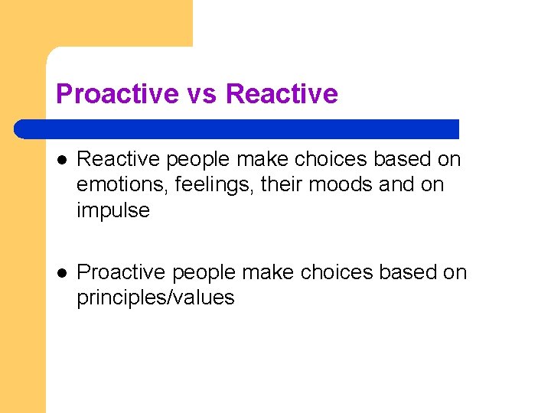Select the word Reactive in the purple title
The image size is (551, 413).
(x=282, y=94)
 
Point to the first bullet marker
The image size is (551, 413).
(x=61, y=160)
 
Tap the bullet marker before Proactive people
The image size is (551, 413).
(x=61, y=273)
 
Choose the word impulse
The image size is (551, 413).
(x=113, y=211)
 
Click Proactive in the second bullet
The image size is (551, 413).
(x=122, y=272)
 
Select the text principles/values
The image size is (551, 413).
(x=155, y=298)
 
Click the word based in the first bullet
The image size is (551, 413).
(x=403, y=159)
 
